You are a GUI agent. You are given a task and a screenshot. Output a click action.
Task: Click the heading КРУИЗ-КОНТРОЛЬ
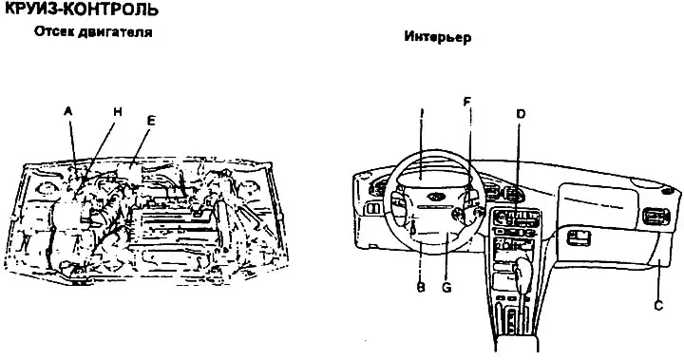(x=81, y=9)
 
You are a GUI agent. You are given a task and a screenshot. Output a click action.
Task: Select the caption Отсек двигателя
(x=93, y=32)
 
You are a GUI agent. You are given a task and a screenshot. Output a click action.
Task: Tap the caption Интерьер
(x=438, y=37)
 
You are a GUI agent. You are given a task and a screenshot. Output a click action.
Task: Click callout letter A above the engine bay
(x=67, y=111)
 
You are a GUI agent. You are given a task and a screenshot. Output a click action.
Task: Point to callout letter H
(x=118, y=112)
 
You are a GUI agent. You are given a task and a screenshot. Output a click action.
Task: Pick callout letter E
(x=150, y=121)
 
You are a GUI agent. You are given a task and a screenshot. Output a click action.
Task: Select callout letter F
(x=466, y=102)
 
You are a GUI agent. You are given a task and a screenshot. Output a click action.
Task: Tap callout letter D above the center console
(x=521, y=114)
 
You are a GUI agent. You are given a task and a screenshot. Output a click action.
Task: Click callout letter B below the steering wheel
(x=421, y=288)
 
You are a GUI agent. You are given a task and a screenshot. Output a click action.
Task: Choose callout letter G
(x=446, y=288)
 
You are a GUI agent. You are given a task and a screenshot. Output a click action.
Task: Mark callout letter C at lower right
(x=658, y=305)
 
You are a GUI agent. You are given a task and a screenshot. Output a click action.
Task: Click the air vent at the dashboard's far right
(x=655, y=217)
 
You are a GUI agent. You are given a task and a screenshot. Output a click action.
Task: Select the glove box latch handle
(x=578, y=237)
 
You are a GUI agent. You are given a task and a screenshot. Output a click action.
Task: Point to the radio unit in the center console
(x=517, y=217)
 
